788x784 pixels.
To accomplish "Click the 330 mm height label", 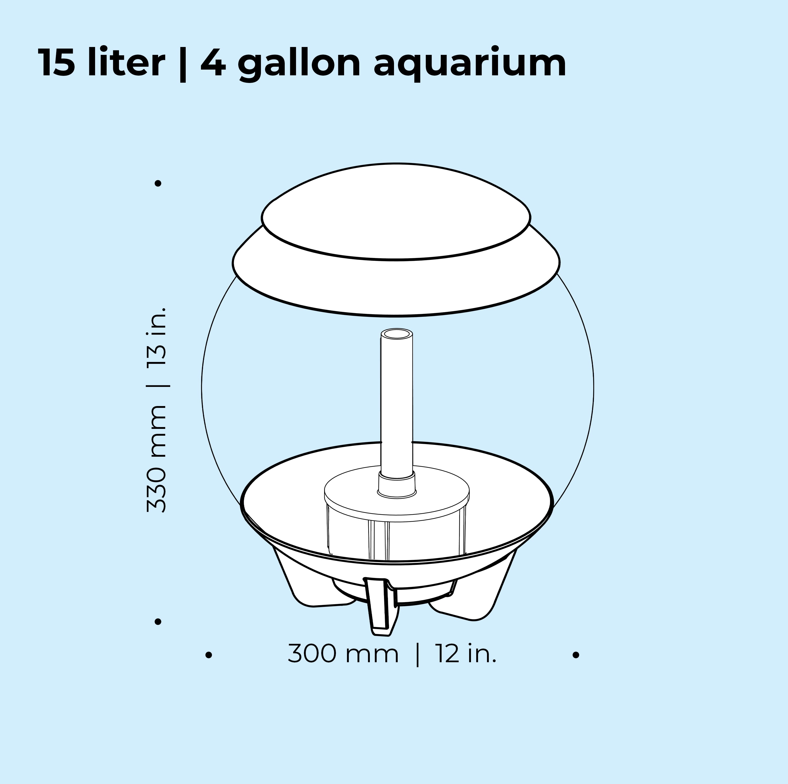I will coord(157,459).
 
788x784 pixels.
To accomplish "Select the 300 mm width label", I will coord(343,654).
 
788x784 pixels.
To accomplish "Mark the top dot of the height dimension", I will coord(158,184).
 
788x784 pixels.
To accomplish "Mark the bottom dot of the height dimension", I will coord(158,622).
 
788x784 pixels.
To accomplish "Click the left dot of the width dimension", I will coord(209,655).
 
